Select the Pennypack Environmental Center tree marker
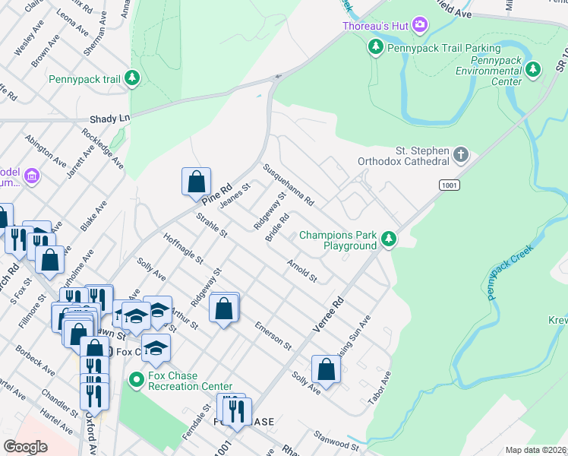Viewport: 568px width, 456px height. [x=534, y=71]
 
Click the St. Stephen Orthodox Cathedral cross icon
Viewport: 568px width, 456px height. [x=460, y=156]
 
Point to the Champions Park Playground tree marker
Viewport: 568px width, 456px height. [x=389, y=240]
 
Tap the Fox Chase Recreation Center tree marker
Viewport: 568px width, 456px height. [x=137, y=378]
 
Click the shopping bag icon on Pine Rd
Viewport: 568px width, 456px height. [x=196, y=182]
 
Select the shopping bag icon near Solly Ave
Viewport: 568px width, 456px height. [x=326, y=369]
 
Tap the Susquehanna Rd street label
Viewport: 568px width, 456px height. [x=288, y=185]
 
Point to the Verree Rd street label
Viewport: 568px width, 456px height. [x=328, y=315]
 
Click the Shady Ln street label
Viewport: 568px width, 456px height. [x=110, y=119]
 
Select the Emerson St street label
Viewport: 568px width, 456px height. [x=273, y=334]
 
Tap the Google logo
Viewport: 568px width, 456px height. [x=26, y=447]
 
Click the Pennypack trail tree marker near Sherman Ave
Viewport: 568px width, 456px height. [x=132, y=78]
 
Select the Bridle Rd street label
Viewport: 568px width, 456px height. [x=277, y=227]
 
